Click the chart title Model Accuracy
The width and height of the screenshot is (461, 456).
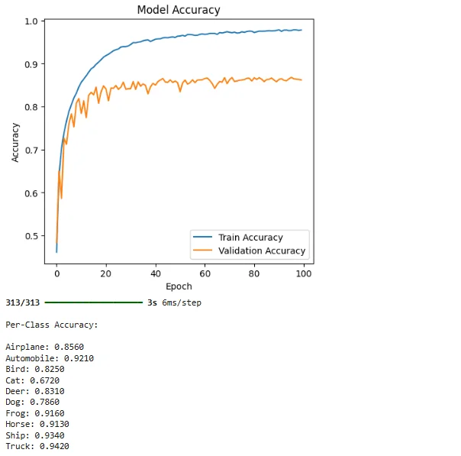(179, 10)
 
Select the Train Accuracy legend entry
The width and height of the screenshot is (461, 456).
(250, 238)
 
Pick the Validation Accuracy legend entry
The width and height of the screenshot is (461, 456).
(261, 251)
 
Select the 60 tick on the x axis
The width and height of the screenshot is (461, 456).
(205, 273)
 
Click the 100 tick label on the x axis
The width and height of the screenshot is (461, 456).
(304, 273)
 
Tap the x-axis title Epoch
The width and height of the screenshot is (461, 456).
(179, 286)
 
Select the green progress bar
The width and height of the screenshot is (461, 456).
(93, 303)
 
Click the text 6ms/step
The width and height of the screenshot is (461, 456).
(181, 303)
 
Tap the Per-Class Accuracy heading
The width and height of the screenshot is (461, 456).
(52, 325)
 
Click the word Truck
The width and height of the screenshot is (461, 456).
(18, 446)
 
